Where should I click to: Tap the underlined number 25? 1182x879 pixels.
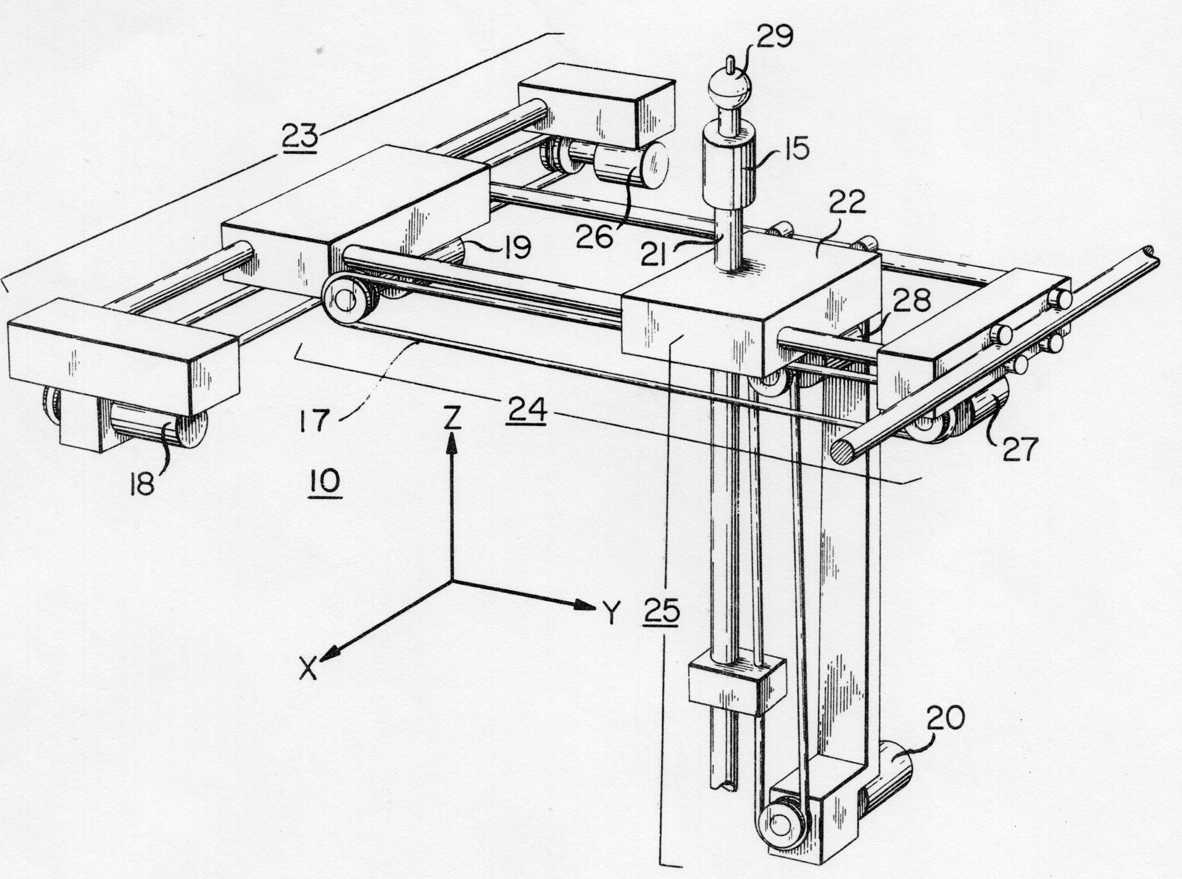click(x=662, y=611)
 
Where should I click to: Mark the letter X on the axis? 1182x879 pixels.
click(x=311, y=669)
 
